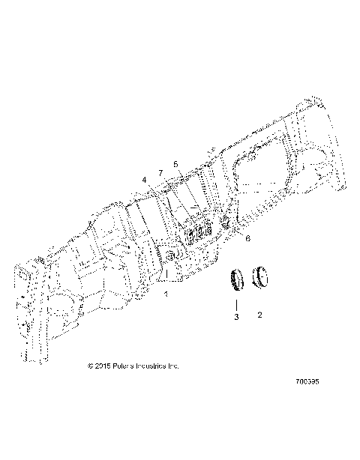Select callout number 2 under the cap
point(260,316)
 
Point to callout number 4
point(144,180)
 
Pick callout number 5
point(175,163)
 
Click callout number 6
point(248,237)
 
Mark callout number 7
point(160,173)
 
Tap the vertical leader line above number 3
point(235,303)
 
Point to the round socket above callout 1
point(171,257)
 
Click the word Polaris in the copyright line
point(126,366)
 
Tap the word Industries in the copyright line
point(154,366)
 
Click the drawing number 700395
point(307,402)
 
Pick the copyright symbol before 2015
point(91,366)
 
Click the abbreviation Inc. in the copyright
point(174,366)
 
